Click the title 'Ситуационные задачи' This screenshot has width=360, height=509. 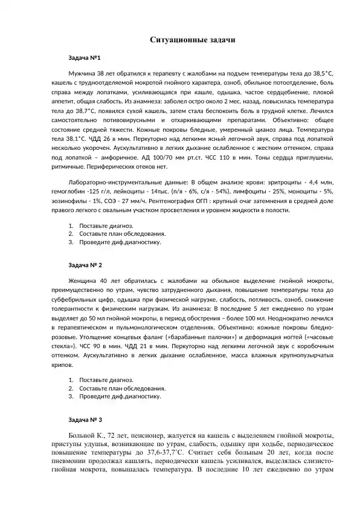pyautogui.click(x=191, y=40)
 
